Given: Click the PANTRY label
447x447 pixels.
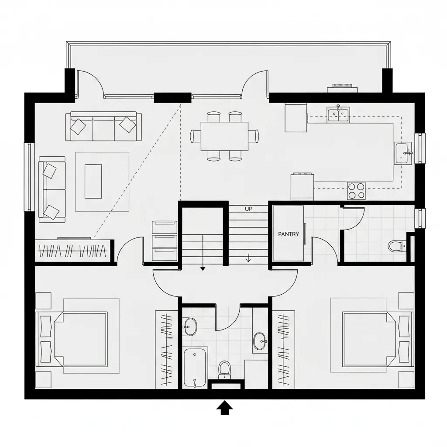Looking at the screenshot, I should pyautogui.click(x=289, y=234).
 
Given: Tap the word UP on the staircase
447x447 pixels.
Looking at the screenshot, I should pyautogui.click(x=249, y=209).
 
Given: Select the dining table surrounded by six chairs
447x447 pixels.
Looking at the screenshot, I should pyautogui.click(x=224, y=136).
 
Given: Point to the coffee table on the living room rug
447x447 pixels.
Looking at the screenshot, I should pyautogui.click(x=93, y=181).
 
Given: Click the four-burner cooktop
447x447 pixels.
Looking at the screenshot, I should pyautogui.click(x=356, y=190).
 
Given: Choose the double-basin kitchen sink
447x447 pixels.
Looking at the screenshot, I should pyautogui.click(x=338, y=115).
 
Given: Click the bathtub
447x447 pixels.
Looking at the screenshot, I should pyautogui.click(x=195, y=367).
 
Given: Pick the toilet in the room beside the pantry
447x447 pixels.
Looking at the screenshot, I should pyautogui.click(x=395, y=246).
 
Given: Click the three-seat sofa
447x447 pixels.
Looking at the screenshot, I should pyautogui.click(x=103, y=127).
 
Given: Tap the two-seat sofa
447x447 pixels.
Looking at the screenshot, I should pyautogui.click(x=52, y=190).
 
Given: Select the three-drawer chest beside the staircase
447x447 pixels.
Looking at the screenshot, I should pyautogui.click(x=165, y=241).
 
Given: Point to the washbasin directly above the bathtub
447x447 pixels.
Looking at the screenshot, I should pyautogui.click(x=190, y=326).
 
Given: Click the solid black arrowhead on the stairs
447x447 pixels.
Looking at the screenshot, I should pyautogui.click(x=203, y=269).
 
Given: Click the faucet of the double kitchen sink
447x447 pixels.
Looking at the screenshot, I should pyautogui.click(x=338, y=107).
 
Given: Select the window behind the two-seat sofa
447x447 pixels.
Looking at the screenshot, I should pyautogui.click(x=29, y=176).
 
